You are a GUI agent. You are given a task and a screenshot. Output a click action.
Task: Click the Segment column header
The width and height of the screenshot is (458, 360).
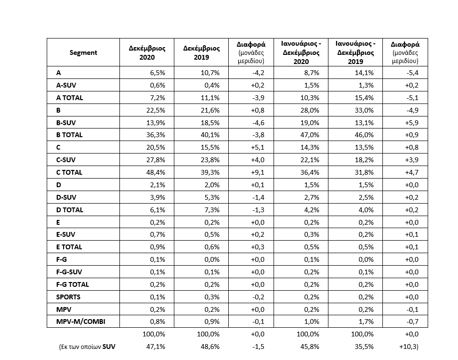point(83,52)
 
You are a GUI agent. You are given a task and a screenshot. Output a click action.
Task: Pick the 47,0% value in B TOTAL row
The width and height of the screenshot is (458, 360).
point(310,135)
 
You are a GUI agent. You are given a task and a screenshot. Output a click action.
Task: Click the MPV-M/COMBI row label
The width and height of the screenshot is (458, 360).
point(81,321)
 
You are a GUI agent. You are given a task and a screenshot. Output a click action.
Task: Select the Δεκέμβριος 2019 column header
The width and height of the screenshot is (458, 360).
point(201,52)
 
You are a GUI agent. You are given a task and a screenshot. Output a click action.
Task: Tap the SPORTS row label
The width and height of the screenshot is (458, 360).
point(68,296)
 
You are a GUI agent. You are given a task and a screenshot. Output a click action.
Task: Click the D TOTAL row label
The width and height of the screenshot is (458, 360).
point(70,210)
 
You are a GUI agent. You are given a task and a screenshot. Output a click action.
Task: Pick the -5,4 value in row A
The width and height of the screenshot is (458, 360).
point(412,72)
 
